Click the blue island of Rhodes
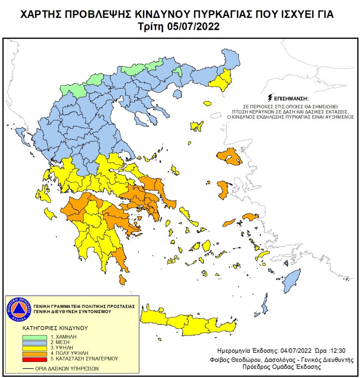tap(291, 280)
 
